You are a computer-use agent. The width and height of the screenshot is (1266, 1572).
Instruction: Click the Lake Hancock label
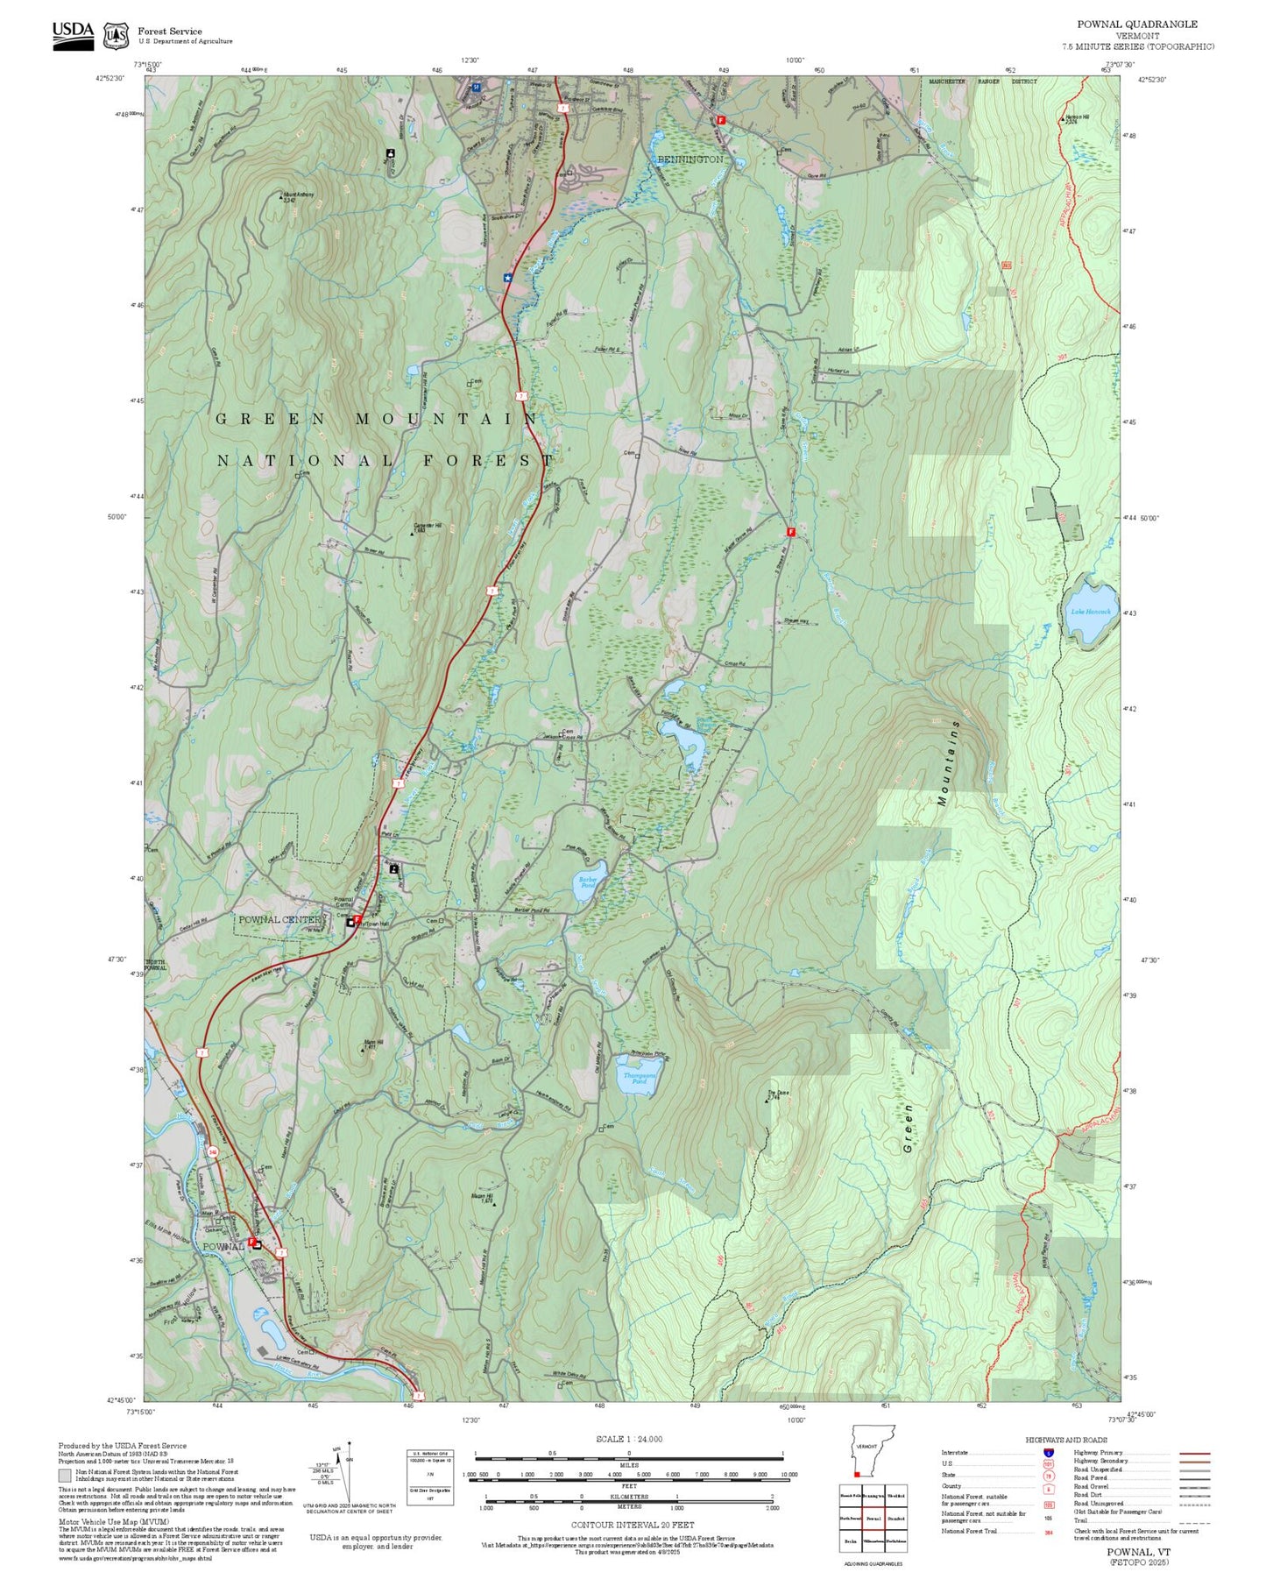1089,612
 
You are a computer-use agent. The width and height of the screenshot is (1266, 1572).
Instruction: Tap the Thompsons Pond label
639,1078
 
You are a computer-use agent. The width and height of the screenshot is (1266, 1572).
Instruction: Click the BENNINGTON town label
690,159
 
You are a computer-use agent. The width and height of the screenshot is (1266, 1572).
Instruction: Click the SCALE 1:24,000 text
628,1439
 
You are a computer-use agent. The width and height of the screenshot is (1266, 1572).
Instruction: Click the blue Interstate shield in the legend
1049,1452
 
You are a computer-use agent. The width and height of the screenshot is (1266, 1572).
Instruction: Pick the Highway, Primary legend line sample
1195,1453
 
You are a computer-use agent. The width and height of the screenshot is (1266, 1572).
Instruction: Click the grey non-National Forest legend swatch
64,1474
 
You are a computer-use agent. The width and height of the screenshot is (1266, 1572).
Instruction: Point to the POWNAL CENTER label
279,919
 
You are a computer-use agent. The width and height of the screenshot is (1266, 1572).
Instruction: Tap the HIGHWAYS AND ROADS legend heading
1065,1440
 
